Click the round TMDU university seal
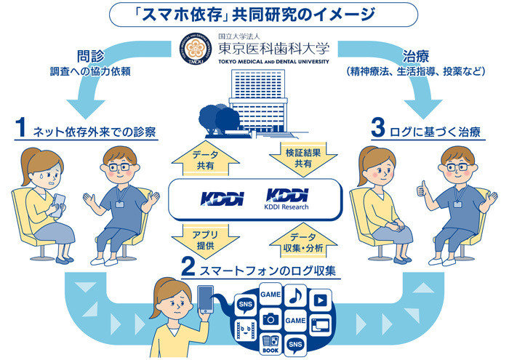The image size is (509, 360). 196,49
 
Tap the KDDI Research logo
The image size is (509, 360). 287,199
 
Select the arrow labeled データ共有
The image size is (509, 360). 206,159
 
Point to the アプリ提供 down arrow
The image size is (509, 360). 206,241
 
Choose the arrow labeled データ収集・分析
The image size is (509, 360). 303,240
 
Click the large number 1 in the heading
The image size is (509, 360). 20,127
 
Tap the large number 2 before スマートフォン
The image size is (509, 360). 188,266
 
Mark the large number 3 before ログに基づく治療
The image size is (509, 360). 378,127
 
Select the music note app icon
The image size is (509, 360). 295,295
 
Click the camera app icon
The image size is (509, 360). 270,319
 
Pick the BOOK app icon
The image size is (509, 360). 270,344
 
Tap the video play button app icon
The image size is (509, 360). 321,300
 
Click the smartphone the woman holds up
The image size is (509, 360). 206,299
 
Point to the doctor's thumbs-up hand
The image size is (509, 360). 422,189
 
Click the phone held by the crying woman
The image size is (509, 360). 57,206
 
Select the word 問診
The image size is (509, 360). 91,55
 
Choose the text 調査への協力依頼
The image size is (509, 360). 90,71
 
